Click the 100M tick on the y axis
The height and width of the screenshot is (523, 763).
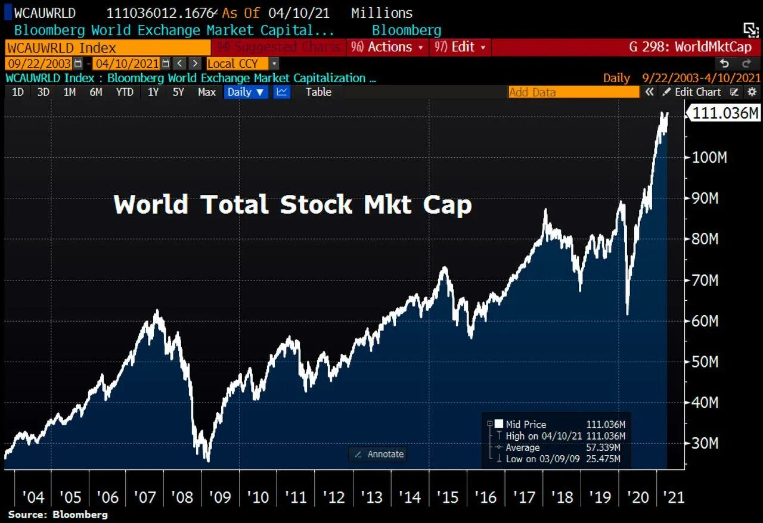pyautogui.click(x=709, y=157)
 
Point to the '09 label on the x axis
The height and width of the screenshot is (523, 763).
pyautogui.click(x=220, y=497)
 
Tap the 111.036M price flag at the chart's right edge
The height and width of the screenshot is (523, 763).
pyautogui.click(x=725, y=113)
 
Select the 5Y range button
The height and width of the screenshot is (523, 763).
pyautogui.click(x=179, y=92)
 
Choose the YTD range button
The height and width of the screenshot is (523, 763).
pyautogui.click(x=125, y=92)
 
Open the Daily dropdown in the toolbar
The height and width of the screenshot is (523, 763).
pyautogui.click(x=246, y=92)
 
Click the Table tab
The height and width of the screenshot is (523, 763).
pyautogui.click(x=318, y=92)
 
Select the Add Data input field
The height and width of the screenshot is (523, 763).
pyautogui.click(x=573, y=92)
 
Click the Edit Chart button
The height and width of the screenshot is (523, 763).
pyautogui.click(x=692, y=92)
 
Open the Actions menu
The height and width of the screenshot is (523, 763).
pyautogui.click(x=387, y=47)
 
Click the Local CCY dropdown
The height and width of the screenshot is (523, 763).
pyautogui.click(x=242, y=63)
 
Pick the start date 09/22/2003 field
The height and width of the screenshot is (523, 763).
pyautogui.click(x=39, y=63)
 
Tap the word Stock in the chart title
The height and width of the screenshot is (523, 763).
pyautogui.click(x=316, y=204)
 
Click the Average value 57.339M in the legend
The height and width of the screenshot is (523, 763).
pyautogui.click(x=606, y=447)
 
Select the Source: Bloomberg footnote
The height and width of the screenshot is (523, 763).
pyautogui.click(x=58, y=514)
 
